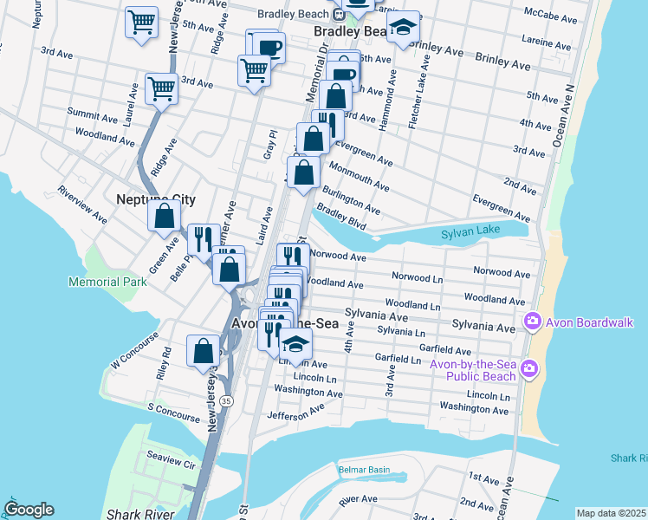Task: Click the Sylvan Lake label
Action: click(x=470, y=234)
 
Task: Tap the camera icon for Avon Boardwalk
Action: click(x=532, y=322)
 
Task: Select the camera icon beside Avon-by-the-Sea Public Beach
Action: click(x=528, y=371)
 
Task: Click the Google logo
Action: click(x=29, y=510)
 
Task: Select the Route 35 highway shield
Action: click(x=226, y=401)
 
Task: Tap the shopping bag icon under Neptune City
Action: click(x=164, y=216)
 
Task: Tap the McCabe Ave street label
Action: click(x=551, y=18)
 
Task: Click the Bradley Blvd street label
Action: click(x=341, y=218)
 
